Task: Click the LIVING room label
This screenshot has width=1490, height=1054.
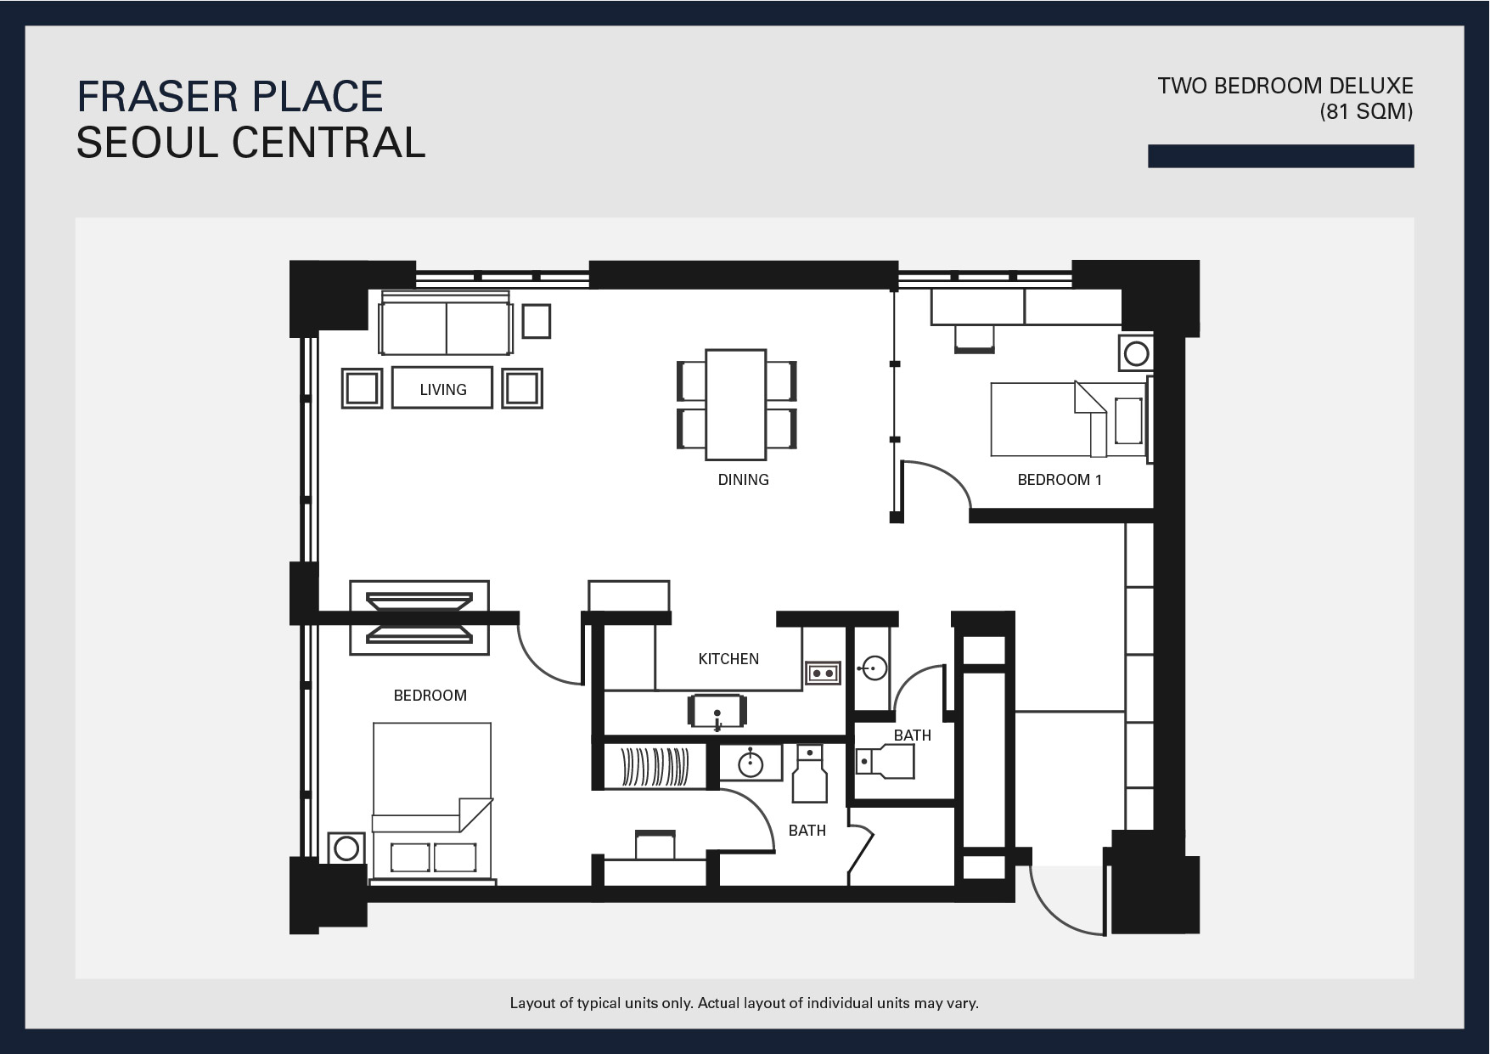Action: [x=443, y=390]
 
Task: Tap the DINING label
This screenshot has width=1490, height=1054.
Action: [x=743, y=480]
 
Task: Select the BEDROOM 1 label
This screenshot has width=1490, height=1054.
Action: [x=1060, y=480]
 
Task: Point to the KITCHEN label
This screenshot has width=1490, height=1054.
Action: [x=728, y=659]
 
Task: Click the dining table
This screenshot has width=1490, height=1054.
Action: [x=736, y=403]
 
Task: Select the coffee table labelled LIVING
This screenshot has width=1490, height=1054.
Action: [x=442, y=387]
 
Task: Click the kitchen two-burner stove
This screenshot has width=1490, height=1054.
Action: [x=823, y=674]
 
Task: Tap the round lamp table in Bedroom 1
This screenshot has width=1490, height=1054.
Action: [x=1136, y=352]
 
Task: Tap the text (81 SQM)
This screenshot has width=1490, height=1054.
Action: [x=1366, y=111]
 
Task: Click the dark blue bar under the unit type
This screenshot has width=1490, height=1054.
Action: [x=1281, y=156]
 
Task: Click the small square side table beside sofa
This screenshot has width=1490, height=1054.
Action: [x=537, y=322]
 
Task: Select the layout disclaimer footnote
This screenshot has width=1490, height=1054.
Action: [x=745, y=1003]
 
